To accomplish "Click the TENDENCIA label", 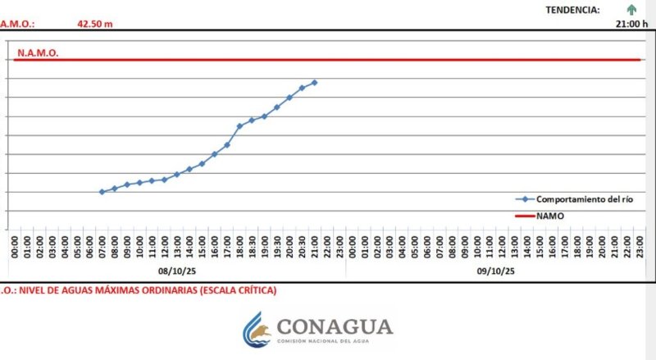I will coord(572,10).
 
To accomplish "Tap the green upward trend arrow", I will coord(631,10).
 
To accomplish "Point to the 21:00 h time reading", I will coord(631,24).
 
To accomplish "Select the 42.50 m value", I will coord(95,24).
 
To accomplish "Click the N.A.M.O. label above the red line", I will coord(38,52).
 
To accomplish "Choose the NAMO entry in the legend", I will coord(549,216).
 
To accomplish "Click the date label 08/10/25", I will coord(176,271).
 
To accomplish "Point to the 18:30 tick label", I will coord(252,244).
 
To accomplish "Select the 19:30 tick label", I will coord(277,244).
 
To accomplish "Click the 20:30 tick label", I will coord(302,244).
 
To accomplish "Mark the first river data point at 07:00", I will coord(102,192).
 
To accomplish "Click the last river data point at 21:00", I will coord(315,83).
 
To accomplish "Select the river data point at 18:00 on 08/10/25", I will coord(239,126).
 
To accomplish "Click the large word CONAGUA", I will coord(335,326).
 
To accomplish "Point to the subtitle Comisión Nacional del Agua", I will coord(335,341).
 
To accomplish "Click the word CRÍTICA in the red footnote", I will coord(254,290).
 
